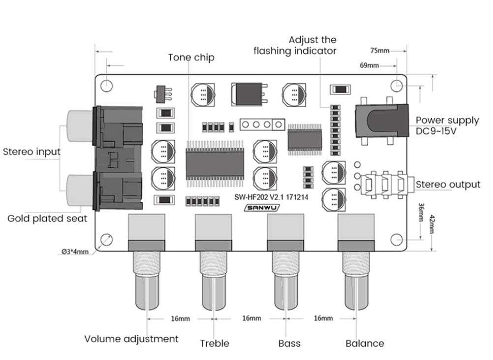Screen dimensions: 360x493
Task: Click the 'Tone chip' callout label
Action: [191, 58]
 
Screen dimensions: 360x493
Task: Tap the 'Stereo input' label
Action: [31, 151]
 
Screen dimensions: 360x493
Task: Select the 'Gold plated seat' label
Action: [47, 218]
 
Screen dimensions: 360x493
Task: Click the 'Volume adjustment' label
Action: [131, 339]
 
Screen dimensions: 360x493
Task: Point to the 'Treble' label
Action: [214, 343]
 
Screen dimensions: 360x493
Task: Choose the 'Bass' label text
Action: [289, 343]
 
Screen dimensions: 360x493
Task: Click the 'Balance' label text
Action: [365, 343]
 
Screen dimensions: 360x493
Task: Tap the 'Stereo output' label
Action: [448, 185]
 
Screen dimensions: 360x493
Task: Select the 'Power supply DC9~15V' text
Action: [447, 126]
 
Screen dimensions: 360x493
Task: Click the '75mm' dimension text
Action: [379, 50]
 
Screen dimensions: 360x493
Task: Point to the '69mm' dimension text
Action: [370, 65]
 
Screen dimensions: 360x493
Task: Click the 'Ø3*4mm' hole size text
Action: [75, 252]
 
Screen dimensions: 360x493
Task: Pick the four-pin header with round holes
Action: [262, 124]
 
